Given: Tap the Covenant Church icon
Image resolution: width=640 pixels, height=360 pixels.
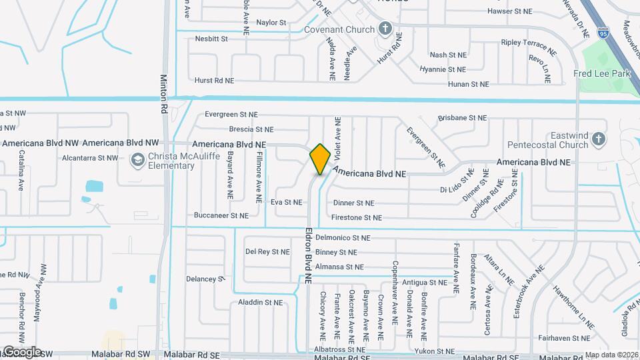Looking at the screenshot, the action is (385, 29).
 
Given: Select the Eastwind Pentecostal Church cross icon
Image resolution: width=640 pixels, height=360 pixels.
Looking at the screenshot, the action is (599, 139).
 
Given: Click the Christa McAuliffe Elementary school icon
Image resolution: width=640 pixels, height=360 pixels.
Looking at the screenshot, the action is (137, 160).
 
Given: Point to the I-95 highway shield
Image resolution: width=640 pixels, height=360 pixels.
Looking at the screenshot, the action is (603, 31).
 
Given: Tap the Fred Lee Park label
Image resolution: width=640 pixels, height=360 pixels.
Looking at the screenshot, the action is (602, 73).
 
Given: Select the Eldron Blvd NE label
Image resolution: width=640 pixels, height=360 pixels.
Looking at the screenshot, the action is (309, 257).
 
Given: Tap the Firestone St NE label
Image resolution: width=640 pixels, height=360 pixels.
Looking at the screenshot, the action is (357, 217).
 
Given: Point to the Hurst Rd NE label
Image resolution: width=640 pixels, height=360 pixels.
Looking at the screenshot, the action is (214, 80).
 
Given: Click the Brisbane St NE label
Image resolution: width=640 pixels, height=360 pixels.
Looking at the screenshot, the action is (462, 117).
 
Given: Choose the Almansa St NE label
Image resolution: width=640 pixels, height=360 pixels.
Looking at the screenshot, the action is (340, 267).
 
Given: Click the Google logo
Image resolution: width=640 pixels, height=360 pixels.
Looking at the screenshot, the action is (21, 351).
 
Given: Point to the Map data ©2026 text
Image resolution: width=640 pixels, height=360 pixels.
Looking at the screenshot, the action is (611, 355).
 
